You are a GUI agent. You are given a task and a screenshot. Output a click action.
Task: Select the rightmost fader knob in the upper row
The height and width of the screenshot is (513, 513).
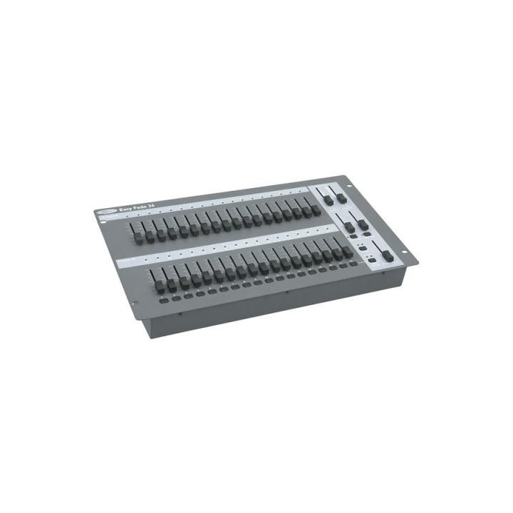316,212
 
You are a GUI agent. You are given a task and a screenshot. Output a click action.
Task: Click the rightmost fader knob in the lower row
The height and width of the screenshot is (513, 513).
348,252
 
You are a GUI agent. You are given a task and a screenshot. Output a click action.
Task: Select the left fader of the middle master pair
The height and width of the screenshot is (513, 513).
350,227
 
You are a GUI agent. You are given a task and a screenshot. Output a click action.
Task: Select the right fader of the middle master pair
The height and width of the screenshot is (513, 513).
363,225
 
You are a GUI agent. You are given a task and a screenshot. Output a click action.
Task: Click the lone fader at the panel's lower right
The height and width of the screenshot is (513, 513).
388,254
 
